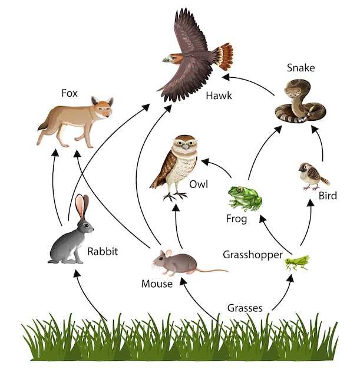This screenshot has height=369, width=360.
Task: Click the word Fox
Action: [70, 93]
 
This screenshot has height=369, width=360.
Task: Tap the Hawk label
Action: [219, 95]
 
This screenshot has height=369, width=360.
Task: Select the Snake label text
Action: [300, 68]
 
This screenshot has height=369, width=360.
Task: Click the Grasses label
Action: [245, 308]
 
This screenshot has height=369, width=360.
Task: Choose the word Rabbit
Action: [103, 252]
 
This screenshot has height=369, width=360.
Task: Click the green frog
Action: [245, 198]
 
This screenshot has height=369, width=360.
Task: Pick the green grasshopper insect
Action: [297, 261]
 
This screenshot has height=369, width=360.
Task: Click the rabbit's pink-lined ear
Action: [80, 206]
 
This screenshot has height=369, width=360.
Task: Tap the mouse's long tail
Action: [212, 271]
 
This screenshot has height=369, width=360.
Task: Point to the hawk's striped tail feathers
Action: [223, 56]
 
